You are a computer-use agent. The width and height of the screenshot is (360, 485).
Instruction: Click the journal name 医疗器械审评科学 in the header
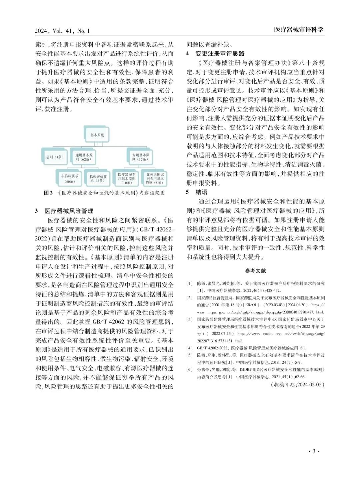pos(299,30)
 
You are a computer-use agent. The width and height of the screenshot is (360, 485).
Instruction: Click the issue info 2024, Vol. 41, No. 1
pos(62,31)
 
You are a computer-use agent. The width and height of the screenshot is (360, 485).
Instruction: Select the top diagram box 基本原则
pos(97,135)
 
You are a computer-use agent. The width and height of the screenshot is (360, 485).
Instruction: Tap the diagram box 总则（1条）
pos(55,157)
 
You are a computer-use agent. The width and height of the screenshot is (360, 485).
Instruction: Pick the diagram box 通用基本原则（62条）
pos(84,157)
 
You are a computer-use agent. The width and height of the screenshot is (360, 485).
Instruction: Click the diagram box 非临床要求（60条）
pos(70,179)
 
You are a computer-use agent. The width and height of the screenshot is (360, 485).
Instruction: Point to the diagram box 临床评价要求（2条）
pos(98,179)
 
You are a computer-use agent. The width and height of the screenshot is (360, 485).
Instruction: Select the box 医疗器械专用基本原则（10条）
pos(127,179)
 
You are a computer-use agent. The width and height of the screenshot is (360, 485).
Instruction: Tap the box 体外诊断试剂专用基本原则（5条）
pos(155,179)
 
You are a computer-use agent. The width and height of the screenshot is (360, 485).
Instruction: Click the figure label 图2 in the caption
pos(48,193)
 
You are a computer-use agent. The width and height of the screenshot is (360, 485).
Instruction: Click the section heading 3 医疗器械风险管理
pos(64,211)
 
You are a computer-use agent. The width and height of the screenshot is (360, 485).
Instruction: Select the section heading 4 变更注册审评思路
pos(215,54)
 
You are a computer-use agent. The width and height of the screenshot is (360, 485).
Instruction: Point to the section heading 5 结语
pos(197,192)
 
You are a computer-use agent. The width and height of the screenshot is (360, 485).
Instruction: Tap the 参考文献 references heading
pos(255,271)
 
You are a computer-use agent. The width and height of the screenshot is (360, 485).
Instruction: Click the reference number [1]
pos(189,283)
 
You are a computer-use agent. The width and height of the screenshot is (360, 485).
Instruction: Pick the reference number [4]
pos(189,348)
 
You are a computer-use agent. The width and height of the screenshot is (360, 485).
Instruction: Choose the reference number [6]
pos(189,369)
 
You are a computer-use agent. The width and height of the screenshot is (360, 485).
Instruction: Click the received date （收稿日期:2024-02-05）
pos(297,384)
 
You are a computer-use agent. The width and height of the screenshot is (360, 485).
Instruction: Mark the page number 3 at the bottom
pos(314,451)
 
